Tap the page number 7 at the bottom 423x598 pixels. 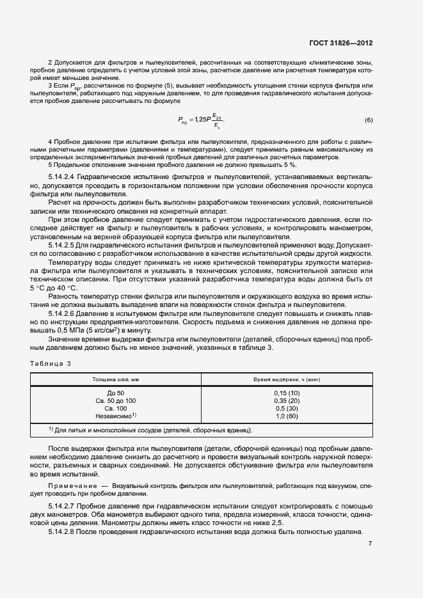click(370, 544)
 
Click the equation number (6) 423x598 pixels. click(369, 121)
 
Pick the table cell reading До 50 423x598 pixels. click(116, 392)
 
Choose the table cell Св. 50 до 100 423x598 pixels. click(116, 400)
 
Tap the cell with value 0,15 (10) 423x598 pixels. click(286, 392)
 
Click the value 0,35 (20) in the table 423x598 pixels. click(286, 400)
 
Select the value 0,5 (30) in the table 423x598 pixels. click(286, 407)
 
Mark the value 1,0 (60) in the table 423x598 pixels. click(286, 416)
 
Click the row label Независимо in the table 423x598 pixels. click(114, 416)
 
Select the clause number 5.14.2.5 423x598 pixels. click(64, 244)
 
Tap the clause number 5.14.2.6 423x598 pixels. click(64, 313)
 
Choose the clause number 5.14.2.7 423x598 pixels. click(64, 506)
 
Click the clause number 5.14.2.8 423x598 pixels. click(64, 532)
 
